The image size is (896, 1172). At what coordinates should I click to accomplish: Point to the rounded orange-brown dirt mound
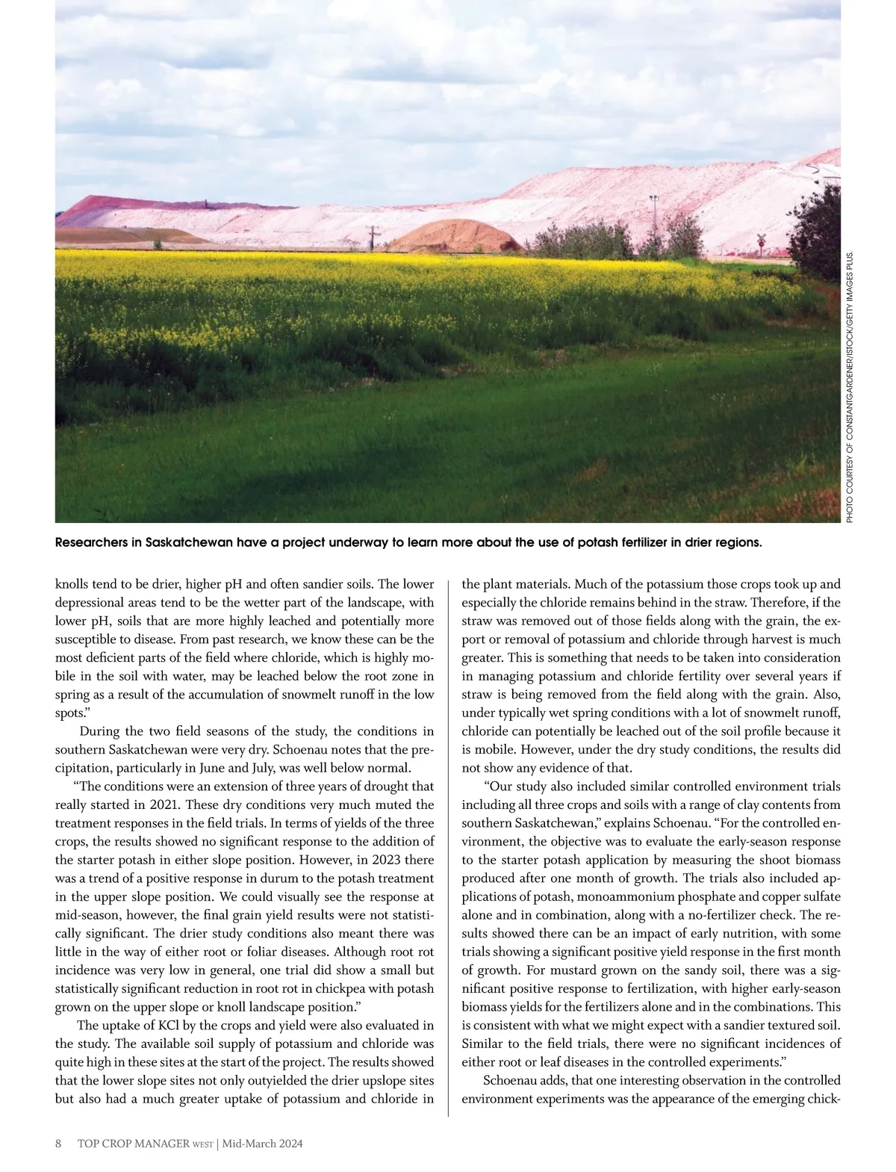tap(455, 236)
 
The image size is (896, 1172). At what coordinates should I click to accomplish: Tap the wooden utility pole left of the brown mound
tap(371, 237)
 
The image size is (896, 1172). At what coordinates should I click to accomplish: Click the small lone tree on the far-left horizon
tap(157, 244)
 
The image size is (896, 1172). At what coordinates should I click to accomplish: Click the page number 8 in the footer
tap(59, 1144)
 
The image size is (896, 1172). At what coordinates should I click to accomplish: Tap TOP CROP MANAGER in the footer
tap(134, 1144)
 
